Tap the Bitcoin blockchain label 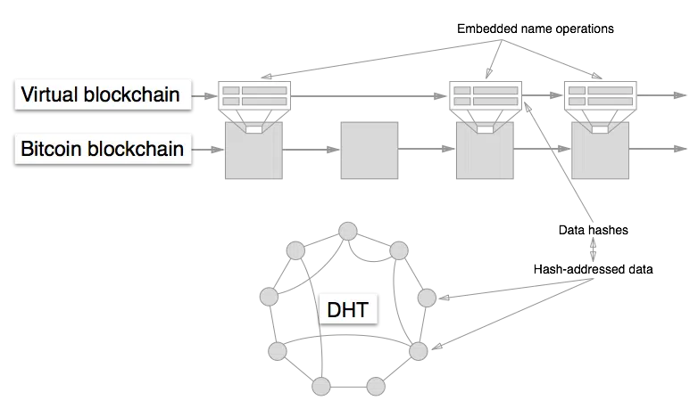point(102,148)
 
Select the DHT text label point(347,310)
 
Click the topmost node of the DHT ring point(346,232)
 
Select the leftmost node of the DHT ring point(266,296)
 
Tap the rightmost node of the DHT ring point(427,297)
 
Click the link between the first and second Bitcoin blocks point(310,150)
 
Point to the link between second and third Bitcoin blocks point(424,150)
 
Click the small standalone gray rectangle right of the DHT point(591,249)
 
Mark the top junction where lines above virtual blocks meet point(490,41)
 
